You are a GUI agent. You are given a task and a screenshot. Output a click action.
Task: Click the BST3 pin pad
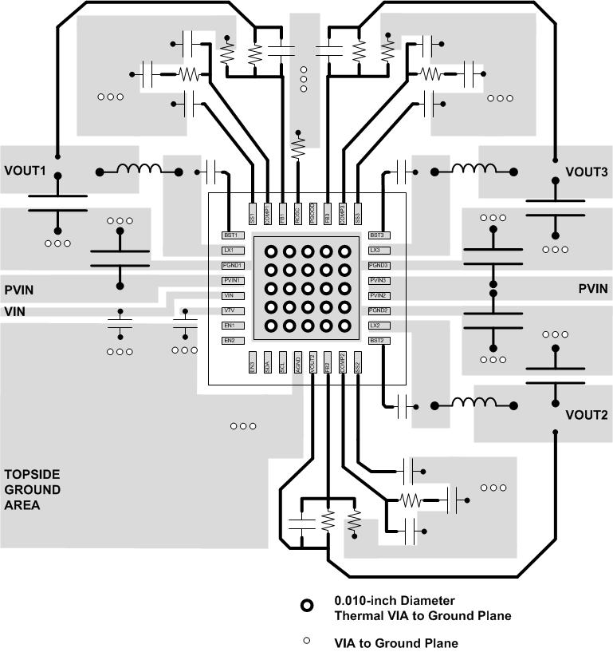point(378,235)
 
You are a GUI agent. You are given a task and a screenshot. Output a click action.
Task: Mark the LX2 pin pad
point(378,326)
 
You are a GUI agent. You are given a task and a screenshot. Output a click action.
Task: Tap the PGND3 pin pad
point(378,266)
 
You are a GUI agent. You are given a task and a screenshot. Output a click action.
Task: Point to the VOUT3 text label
point(586,172)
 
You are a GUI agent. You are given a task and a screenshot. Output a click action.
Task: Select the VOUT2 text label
point(586,415)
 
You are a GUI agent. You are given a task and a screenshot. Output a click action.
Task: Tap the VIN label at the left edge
point(15,312)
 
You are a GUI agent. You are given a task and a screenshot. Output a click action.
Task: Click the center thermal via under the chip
point(307,289)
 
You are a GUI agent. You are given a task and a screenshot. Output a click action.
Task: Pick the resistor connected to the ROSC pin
point(298,148)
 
